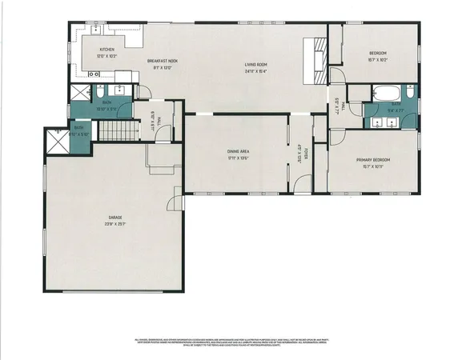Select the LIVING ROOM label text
[x=255, y=65]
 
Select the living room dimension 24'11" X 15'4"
[x=255, y=71]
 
